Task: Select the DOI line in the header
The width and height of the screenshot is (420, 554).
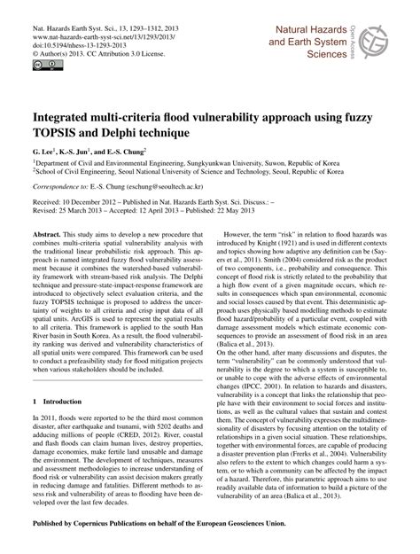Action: tap(61, 38)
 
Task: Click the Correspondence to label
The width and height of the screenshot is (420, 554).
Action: tap(44, 190)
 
